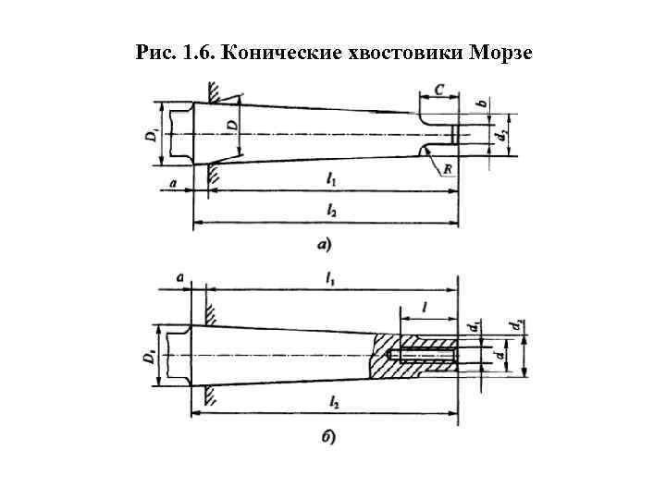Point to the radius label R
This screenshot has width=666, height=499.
pos(448,170)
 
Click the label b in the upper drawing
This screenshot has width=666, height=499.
pos(482,103)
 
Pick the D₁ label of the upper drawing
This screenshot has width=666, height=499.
pos(150,135)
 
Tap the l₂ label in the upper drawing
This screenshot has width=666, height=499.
pos(331,211)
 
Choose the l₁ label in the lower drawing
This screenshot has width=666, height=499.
pos(331,277)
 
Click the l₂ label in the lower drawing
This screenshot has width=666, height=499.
pos(331,402)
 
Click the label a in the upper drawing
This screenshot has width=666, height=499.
pos(173,184)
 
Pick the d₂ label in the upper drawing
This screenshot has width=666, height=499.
pos(499,135)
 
